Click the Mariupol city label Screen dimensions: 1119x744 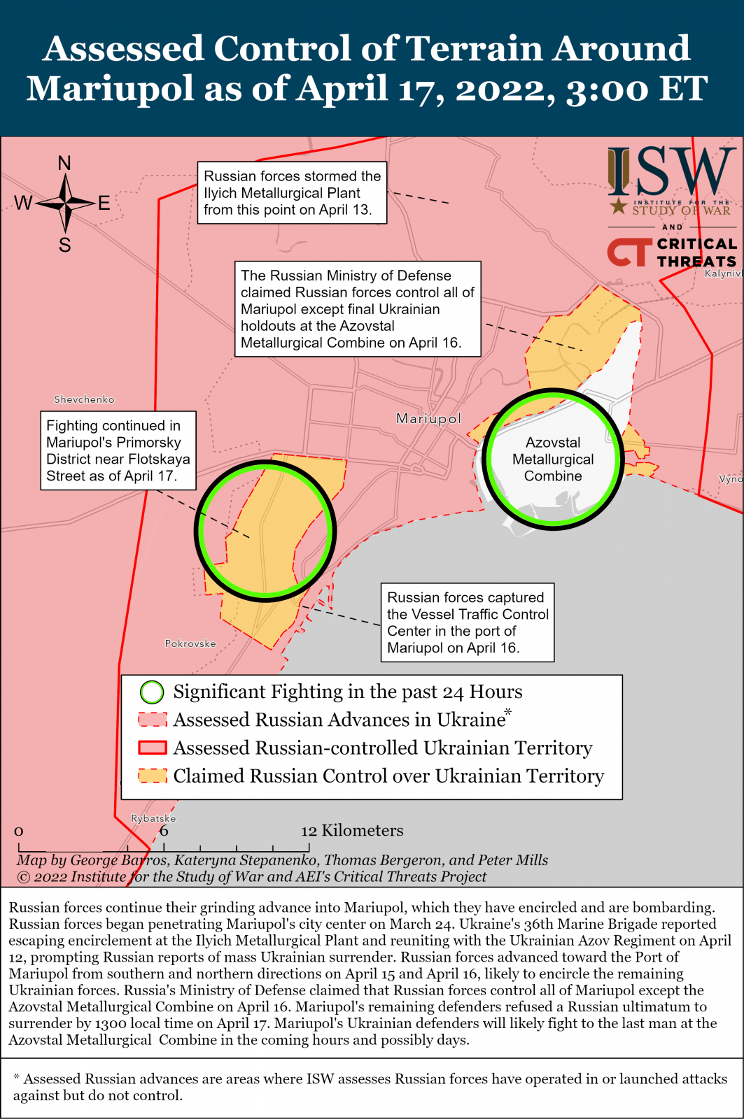point(428,418)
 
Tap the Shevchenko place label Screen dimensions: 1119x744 point(84,399)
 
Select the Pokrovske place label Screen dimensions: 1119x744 point(190,643)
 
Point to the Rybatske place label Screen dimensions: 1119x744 point(153,818)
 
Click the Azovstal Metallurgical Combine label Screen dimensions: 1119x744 point(553,459)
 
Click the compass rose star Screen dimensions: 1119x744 point(65,203)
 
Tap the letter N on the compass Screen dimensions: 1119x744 point(64,164)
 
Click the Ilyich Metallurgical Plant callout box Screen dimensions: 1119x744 point(292,193)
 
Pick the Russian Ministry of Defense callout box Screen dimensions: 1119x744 point(358,309)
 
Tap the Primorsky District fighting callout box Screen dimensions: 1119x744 point(118,450)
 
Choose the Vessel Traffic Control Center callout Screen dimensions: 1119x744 point(467,622)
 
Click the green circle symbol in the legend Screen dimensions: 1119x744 point(152,692)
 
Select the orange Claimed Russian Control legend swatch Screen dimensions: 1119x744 point(153,776)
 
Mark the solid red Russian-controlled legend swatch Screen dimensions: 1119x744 point(153,748)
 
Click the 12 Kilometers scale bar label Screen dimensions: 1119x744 point(352,830)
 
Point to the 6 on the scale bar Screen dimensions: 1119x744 point(164,831)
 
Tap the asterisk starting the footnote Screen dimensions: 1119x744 point(16,1077)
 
